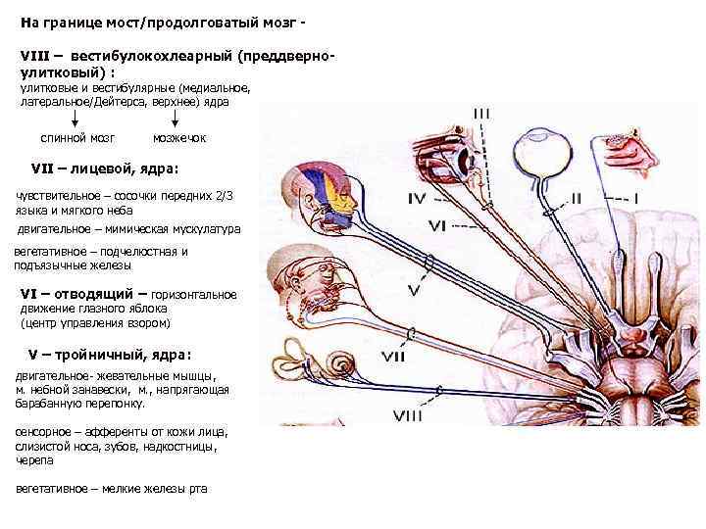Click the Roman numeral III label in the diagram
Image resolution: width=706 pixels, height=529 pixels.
pyautogui.click(x=481, y=114)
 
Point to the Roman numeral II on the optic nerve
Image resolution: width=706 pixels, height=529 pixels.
pyautogui.click(x=576, y=199)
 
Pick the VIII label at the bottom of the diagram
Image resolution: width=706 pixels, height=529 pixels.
pyautogui.click(x=408, y=416)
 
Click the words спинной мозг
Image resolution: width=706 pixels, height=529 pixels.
pyautogui.click(x=77, y=137)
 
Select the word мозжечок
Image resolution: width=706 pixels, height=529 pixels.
pyautogui.click(x=180, y=137)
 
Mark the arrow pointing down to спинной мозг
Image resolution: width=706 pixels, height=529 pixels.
pyautogui.click(x=76, y=117)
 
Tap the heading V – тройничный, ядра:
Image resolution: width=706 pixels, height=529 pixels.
pyautogui.click(x=108, y=353)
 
